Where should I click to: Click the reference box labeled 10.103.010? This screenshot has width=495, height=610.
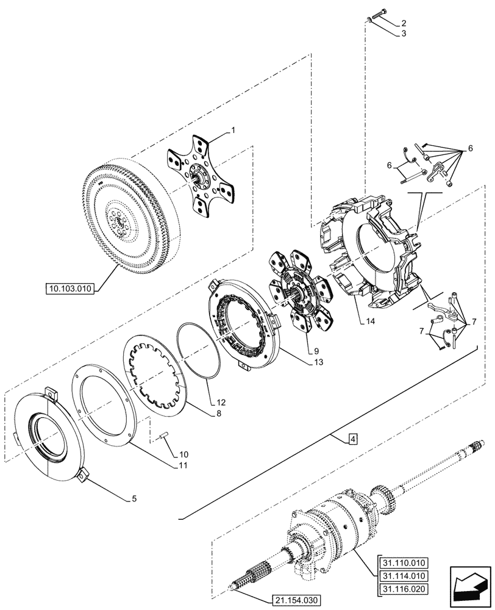pos(70,289)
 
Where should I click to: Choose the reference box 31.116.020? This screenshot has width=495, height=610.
pos(403,589)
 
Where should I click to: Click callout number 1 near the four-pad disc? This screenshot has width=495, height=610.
pos(232,130)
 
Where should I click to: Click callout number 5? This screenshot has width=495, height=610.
pos(135,498)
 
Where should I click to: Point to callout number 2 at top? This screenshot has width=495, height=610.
pos(403,23)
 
